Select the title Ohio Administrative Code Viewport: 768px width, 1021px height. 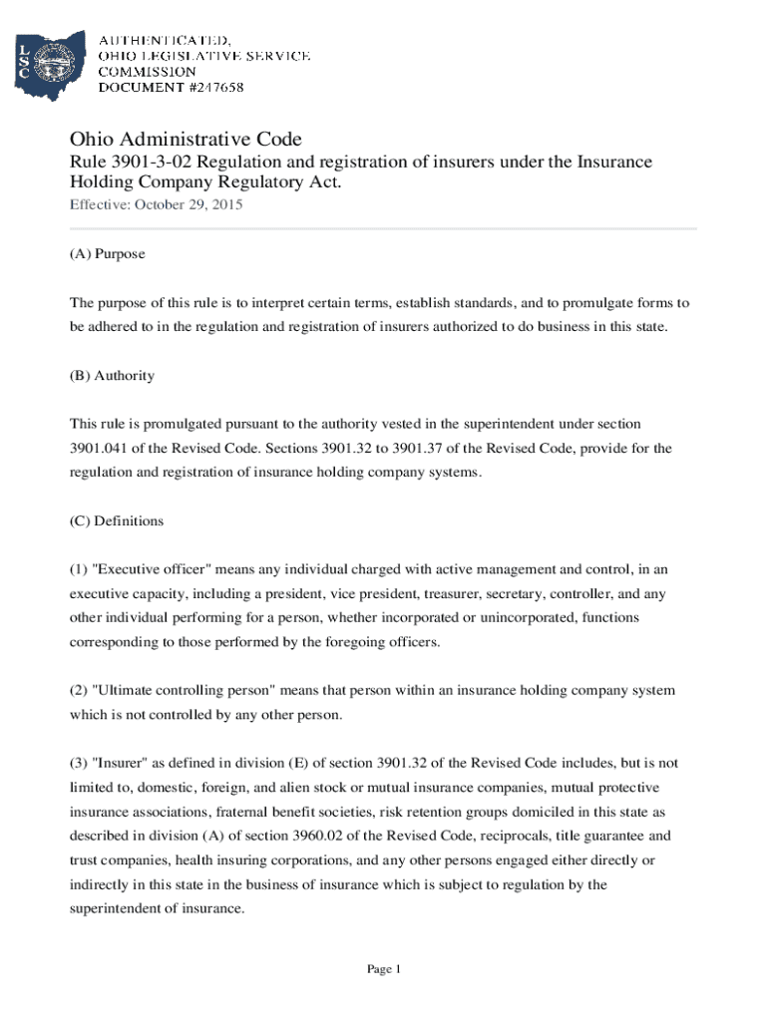point(185,139)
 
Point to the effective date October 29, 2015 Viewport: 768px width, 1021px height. point(189,205)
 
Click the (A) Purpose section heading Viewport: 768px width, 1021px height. point(107,254)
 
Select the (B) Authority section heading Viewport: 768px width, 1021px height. point(112,376)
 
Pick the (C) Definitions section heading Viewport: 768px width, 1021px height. point(116,521)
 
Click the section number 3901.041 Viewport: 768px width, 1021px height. point(102,449)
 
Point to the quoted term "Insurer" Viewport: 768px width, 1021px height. point(120,764)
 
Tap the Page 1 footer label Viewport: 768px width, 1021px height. point(384,969)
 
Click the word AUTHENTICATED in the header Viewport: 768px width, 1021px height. point(165,41)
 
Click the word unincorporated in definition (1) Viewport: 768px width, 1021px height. point(528,618)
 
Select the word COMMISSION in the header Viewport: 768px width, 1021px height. point(147,72)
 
